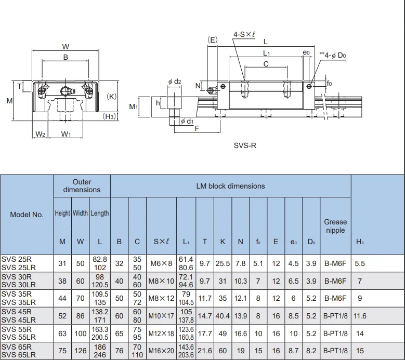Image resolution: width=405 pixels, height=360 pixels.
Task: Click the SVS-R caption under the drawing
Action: (x=245, y=145)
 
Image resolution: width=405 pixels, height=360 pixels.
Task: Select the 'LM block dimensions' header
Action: (x=230, y=186)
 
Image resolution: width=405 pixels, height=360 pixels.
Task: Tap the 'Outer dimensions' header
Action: (x=82, y=186)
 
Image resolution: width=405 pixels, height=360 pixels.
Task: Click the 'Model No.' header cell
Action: (x=27, y=215)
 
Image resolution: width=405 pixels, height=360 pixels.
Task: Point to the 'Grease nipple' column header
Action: (x=335, y=226)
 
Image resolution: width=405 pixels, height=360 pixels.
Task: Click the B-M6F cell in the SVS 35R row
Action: (x=335, y=299)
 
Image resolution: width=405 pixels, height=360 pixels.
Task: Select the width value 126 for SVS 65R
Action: (x=80, y=351)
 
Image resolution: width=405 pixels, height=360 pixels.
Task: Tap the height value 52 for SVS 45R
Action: (x=62, y=316)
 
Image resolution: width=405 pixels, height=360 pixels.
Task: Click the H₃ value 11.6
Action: (x=360, y=316)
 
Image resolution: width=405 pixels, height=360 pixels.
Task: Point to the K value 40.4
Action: (x=223, y=316)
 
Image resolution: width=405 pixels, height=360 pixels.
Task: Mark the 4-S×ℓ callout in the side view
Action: (x=244, y=34)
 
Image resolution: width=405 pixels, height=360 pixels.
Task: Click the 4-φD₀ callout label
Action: (x=334, y=55)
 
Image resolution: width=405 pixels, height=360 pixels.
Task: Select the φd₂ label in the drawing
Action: (x=175, y=81)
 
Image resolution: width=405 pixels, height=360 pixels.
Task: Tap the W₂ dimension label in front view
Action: (x=41, y=135)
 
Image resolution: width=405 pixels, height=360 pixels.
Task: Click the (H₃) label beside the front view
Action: (x=109, y=116)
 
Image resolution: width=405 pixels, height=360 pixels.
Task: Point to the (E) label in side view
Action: (x=212, y=40)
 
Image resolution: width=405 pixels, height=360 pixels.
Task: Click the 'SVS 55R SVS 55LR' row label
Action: (x=20, y=333)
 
